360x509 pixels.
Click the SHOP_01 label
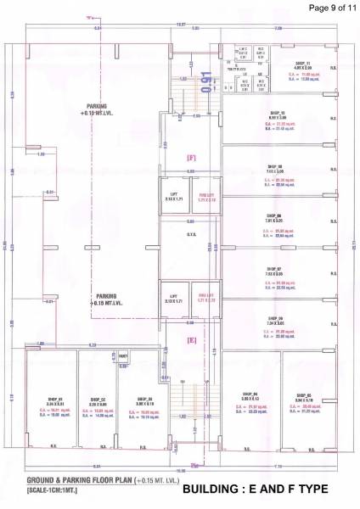click(56, 398)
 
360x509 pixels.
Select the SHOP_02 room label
click(98, 399)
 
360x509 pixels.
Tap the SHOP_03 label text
click(145, 399)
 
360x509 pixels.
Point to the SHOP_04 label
click(250, 394)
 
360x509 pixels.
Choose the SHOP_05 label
click(303, 394)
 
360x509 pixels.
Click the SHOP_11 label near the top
click(303, 64)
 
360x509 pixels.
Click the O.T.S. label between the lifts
click(192, 234)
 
